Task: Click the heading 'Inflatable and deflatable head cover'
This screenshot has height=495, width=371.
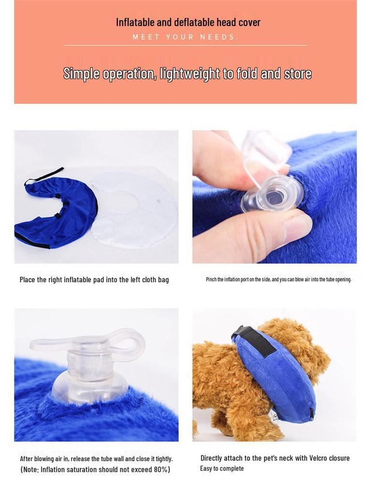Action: point(188,22)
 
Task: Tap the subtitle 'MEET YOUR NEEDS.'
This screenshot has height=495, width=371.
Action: point(185,37)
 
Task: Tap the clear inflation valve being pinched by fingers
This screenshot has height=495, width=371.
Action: point(273,193)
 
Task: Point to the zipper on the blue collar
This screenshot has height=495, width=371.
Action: point(311,413)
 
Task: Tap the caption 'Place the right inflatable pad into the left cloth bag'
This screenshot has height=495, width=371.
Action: point(94,280)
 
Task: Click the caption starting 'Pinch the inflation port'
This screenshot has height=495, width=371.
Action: point(278,279)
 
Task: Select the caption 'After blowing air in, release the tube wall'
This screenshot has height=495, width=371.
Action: point(96,459)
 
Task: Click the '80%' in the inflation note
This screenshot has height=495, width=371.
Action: point(159,469)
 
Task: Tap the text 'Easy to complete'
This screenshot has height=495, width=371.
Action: point(222,468)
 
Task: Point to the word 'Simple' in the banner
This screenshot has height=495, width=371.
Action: point(81,74)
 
